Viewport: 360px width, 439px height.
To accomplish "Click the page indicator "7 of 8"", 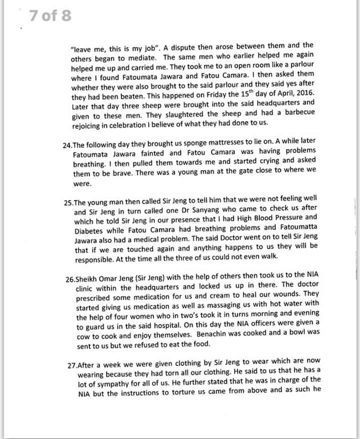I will (x=49, y=16).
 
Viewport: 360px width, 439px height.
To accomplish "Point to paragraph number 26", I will (x=70, y=279).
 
